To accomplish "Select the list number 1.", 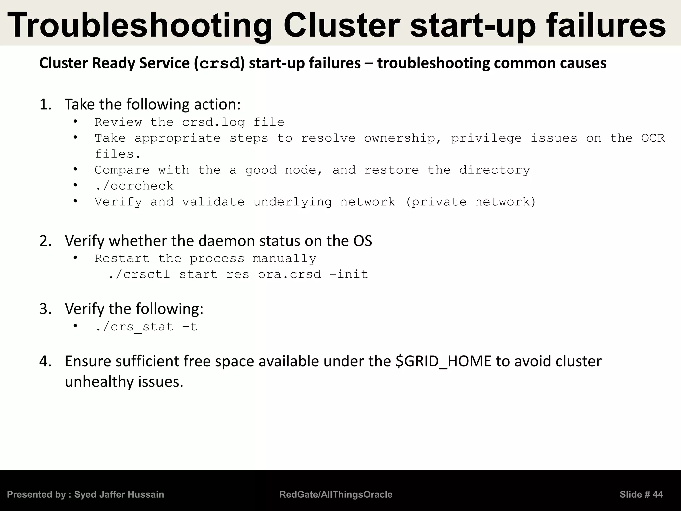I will pos(45,105).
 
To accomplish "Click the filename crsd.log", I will pos(213,122).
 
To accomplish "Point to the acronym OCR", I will pos(653,138).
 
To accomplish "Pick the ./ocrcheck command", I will pos(134,186).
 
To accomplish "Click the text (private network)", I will pos(471,202).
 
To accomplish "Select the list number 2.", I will pos(45,241).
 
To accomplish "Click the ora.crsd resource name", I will pos(290,275).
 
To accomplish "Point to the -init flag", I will pos(348,275).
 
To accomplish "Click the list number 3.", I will pos(45,309).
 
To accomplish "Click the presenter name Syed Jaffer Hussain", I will pos(119,495).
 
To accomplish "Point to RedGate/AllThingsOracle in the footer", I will pos(336,495).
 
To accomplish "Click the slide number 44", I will pos(657,495).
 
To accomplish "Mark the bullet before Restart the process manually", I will pos(75,258).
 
